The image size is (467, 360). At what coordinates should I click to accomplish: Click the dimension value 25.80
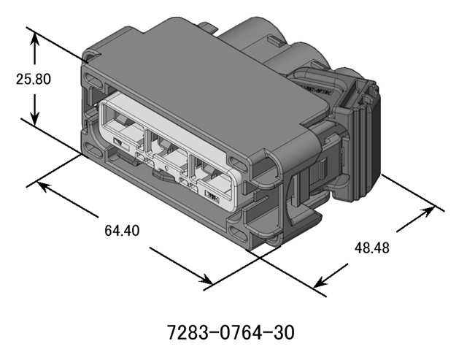[34, 79]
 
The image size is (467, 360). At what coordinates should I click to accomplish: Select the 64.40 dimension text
[122, 231]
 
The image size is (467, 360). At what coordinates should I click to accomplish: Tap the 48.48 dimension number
[372, 248]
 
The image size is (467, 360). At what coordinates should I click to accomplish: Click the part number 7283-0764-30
[232, 333]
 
